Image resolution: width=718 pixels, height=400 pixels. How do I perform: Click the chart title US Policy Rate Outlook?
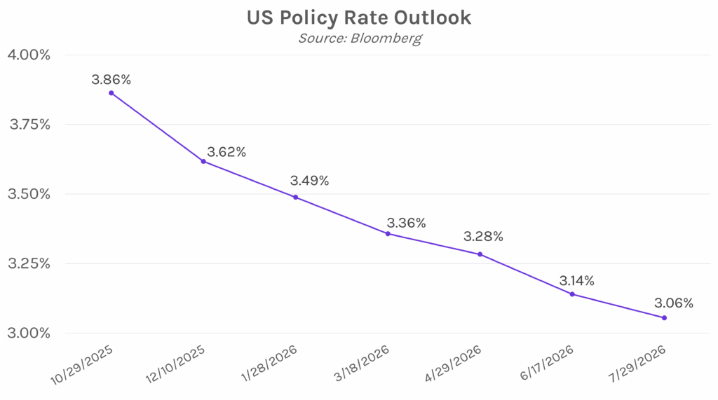(358, 18)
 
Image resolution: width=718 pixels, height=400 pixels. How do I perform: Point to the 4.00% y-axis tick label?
(28, 55)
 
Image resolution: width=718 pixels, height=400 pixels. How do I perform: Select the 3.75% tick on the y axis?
(28, 125)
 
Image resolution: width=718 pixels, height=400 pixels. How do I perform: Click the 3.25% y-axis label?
(28, 264)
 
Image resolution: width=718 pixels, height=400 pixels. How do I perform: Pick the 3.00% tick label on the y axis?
(28, 333)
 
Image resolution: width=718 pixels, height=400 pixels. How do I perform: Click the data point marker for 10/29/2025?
(111, 93)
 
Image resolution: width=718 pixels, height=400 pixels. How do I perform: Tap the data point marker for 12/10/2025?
(203, 161)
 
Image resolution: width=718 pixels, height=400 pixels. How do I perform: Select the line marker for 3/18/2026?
(388, 233)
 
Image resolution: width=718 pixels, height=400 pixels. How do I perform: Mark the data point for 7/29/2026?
(664, 318)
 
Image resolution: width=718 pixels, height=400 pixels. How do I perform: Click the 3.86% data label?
(111, 79)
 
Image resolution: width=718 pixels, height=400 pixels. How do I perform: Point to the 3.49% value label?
(309, 181)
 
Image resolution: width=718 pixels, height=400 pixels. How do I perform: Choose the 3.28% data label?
(483, 237)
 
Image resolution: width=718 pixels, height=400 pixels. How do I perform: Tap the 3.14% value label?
(576, 281)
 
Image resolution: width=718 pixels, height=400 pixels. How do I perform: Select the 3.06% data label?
(673, 303)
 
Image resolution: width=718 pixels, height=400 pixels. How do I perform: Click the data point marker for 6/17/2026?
(572, 294)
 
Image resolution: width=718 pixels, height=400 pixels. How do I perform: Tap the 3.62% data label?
(226, 152)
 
